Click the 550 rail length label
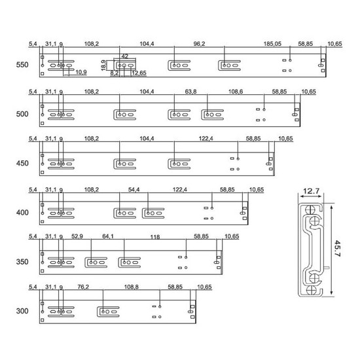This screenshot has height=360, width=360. [22, 65]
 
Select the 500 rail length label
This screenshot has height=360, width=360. [22, 114]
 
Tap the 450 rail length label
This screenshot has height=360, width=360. [22, 163]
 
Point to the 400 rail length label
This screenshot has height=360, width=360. [22, 212]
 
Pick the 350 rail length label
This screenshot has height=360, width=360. [22, 262]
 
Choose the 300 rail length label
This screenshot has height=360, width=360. [22, 311]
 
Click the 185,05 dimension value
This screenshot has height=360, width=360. [272, 44]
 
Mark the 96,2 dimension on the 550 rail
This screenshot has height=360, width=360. [199, 44]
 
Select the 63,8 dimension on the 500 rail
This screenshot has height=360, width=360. [190, 92]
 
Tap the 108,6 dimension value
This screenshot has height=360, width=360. [236, 92]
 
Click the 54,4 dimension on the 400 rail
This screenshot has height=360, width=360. [134, 190]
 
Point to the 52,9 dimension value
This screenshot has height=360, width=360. [77, 236]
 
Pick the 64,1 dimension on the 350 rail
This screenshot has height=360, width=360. [108, 236]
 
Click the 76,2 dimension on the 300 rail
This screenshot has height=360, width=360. [83, 287]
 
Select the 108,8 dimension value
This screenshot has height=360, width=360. [132, 287]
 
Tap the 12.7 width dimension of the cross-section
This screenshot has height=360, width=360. [312, 191]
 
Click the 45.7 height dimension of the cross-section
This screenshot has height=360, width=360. [337, 249]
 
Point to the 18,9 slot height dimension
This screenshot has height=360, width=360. [103, 65]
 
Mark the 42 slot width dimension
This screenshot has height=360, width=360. [125, 56]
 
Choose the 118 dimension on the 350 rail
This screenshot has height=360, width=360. [155, 237]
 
